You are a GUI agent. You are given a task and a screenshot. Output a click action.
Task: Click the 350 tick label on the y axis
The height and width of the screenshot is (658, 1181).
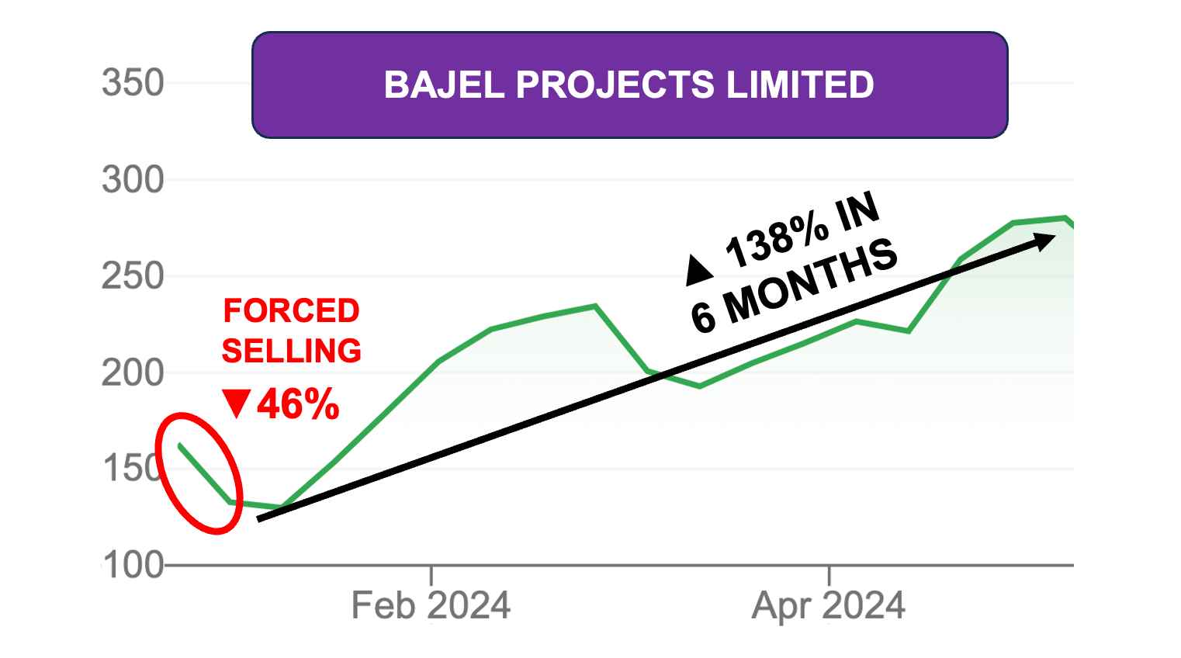tap(133, 83)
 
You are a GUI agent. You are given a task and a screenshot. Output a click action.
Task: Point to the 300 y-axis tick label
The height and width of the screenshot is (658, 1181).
tap(133, 180)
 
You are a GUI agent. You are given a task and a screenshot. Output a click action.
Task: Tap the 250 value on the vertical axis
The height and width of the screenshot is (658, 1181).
tap(133, 276)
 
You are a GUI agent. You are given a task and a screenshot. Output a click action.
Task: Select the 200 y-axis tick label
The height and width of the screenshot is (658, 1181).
tap(133, 373)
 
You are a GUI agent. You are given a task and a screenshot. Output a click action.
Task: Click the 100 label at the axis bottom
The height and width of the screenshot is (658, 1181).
tap(133, 566)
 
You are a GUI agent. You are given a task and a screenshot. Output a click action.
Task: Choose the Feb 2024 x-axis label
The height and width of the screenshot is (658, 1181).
tap(431, 605)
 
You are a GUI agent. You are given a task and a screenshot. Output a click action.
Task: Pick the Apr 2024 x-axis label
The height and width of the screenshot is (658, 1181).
tap(828, 605)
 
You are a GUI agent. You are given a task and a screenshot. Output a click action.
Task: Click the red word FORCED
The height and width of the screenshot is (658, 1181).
tap(291, 311)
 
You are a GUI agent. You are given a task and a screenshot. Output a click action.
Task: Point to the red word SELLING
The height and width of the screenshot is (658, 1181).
tap(291, 351)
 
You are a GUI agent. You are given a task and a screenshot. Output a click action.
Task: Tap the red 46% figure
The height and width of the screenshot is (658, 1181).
tap(298, 404)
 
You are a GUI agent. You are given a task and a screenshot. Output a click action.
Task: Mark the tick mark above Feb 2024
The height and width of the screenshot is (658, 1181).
tap(431, 575)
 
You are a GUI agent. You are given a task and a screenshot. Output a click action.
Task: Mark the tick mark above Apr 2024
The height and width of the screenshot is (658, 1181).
tap(829, 575)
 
